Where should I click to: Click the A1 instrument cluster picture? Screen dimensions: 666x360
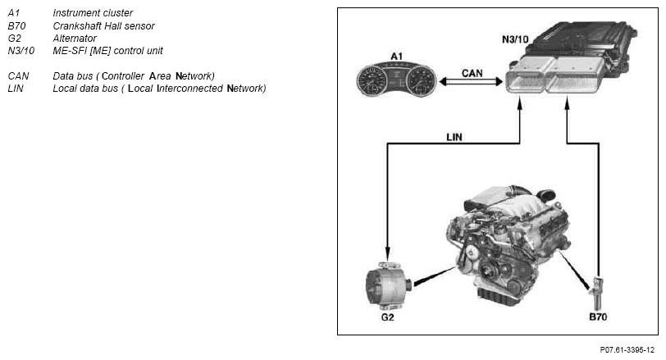396,80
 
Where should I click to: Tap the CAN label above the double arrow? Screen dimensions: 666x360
472,73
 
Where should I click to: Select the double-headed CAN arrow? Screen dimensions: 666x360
471,81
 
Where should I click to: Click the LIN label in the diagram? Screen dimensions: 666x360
454,137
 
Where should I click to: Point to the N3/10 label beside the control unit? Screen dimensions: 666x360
515,39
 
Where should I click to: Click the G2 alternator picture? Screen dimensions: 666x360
389,285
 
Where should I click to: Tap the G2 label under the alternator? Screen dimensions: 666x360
387,317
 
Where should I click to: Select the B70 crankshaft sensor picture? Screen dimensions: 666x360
596,293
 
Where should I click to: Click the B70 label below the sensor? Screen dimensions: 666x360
598,317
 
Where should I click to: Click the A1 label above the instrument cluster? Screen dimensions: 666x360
396,56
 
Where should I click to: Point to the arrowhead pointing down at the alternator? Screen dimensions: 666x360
387,251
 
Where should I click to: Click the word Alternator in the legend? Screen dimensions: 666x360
75,39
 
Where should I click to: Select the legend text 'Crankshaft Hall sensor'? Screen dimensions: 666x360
103,26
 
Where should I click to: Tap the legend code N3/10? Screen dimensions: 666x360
21,51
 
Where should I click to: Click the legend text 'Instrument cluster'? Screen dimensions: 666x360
93,13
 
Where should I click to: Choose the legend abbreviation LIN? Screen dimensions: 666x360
16,89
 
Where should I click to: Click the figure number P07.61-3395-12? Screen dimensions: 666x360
627,350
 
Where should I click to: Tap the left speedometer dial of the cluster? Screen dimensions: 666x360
372,80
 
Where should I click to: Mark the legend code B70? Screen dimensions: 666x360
16,26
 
